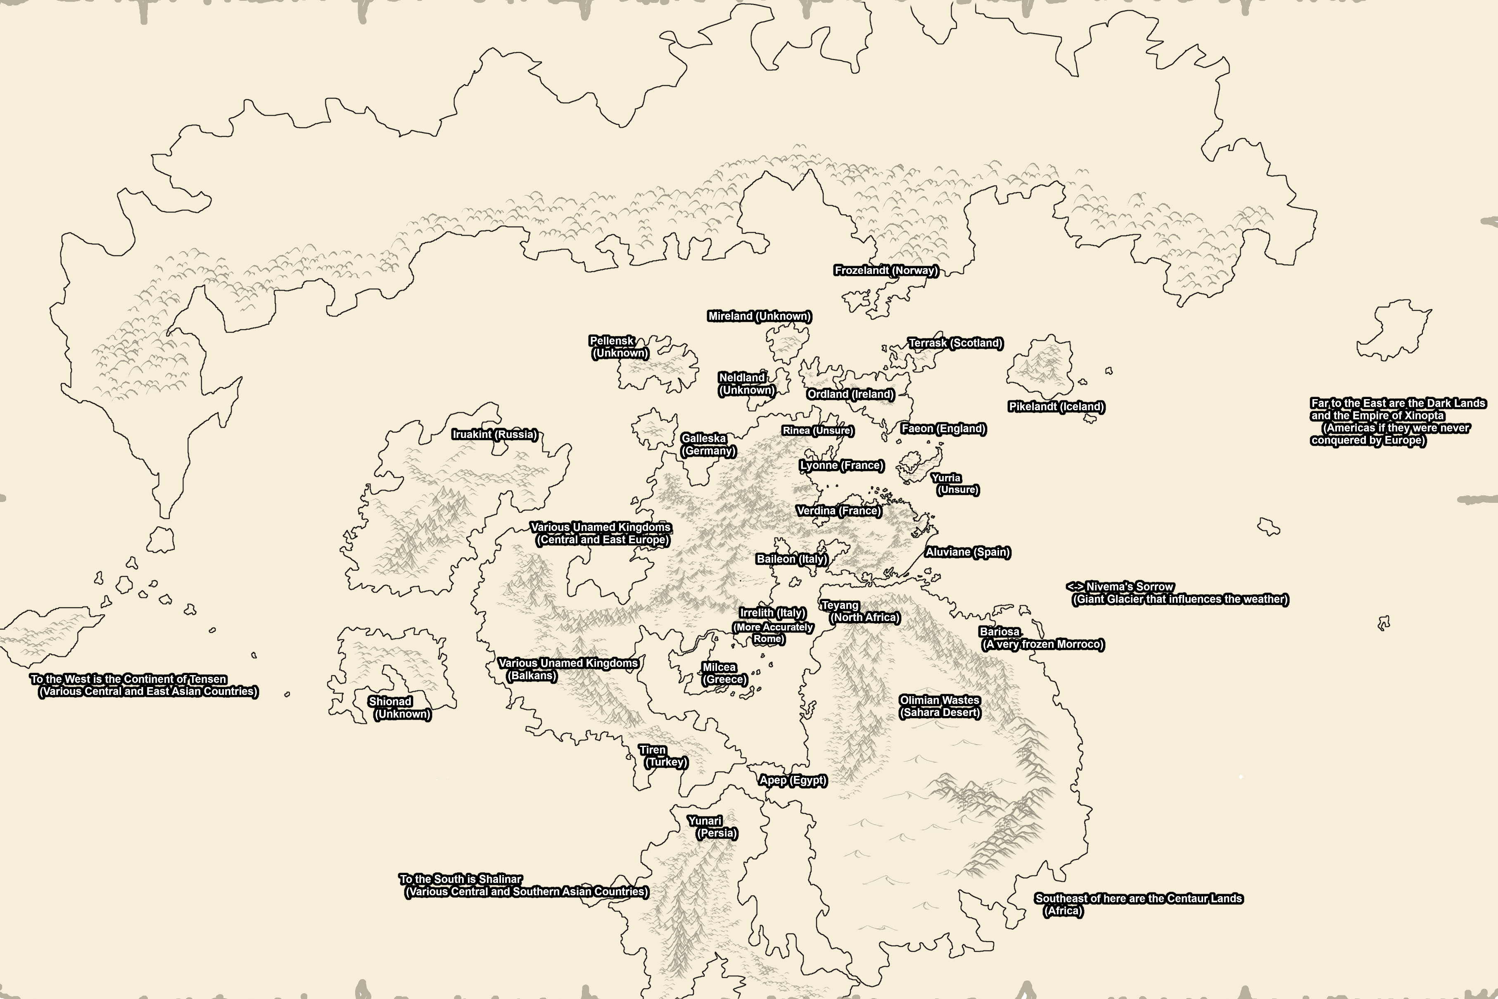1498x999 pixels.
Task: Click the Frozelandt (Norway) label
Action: point(886,270)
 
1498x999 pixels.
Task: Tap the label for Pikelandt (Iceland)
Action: point(1056,407)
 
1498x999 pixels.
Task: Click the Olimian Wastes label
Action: point(940,706)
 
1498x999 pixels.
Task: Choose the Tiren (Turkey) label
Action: point(662,756)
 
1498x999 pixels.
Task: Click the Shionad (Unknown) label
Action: point(398,707)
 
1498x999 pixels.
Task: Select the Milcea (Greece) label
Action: point(723,673)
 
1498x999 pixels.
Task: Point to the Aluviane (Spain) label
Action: point(967,552)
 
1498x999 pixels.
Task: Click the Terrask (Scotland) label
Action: point(955,343)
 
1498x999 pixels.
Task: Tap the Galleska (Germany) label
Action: point(707,444)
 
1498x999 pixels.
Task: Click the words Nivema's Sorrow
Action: point(1129,586)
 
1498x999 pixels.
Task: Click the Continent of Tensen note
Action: point(143,685)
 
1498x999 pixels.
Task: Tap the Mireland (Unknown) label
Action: point(759,316)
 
